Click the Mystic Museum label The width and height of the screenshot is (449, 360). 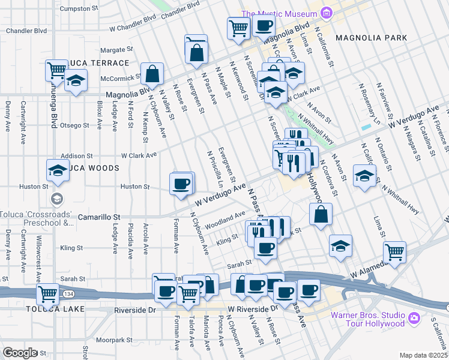[x=279, y=14]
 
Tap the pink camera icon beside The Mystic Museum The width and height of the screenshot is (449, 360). [x=326, y=13]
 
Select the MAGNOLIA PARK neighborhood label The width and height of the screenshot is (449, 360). [x=371, y=38]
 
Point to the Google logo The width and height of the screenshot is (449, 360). [x=20, y=353]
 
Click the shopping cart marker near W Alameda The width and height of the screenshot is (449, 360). [x=394, y=252]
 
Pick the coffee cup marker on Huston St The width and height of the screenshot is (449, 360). [x=181, y=183]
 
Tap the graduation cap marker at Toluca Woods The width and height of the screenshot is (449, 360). [x=57, y=170]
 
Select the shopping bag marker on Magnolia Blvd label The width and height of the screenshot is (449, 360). [x=152, y=74]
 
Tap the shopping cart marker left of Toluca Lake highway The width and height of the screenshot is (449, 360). [x=47, y=294]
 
